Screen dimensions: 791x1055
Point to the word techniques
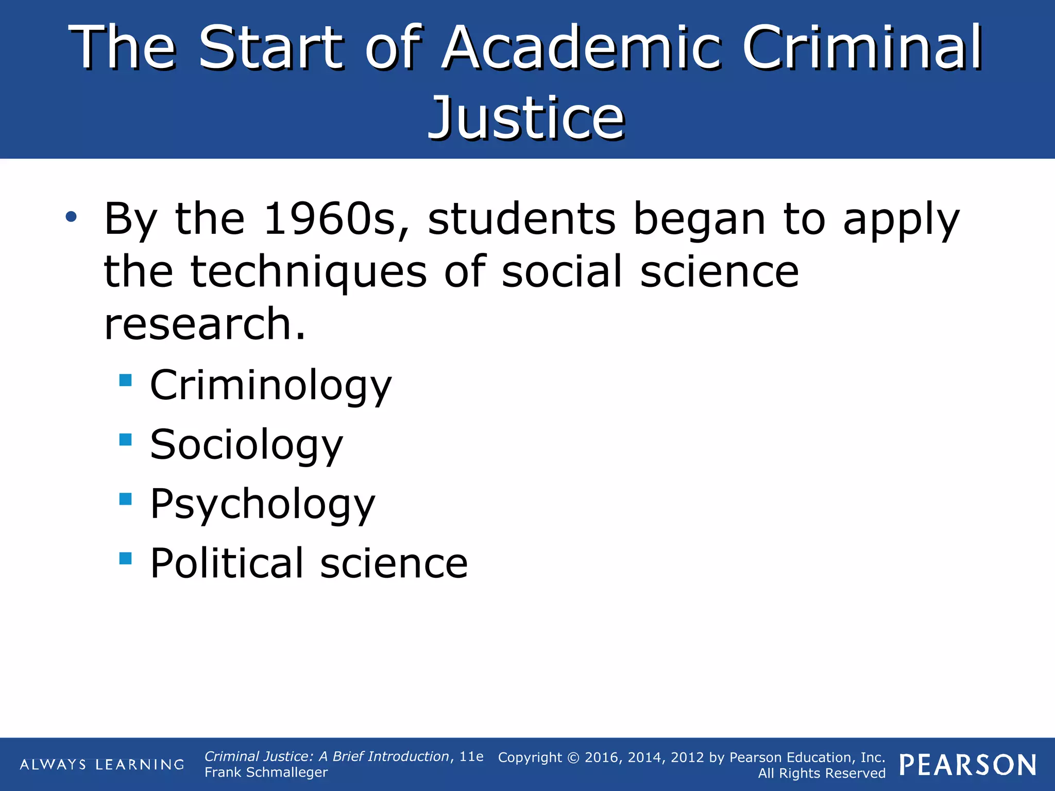[x=309, y=272]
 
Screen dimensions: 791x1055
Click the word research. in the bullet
[x=205, y=324]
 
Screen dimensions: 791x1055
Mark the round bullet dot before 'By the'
[x=71, y=217]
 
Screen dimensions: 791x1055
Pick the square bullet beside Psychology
[x=125, y=498]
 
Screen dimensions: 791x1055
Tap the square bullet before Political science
[x=125, y=558]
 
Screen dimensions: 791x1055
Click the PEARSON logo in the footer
[x=968, y=765]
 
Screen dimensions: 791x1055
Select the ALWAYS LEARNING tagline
[x=102, y=764]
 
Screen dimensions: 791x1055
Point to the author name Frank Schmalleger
[x=266, y=772]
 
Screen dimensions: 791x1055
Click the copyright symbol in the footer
[x=573, y=758]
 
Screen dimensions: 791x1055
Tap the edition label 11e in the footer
[x=471, y=756]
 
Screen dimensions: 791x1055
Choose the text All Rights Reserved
[x=822, y=773]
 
